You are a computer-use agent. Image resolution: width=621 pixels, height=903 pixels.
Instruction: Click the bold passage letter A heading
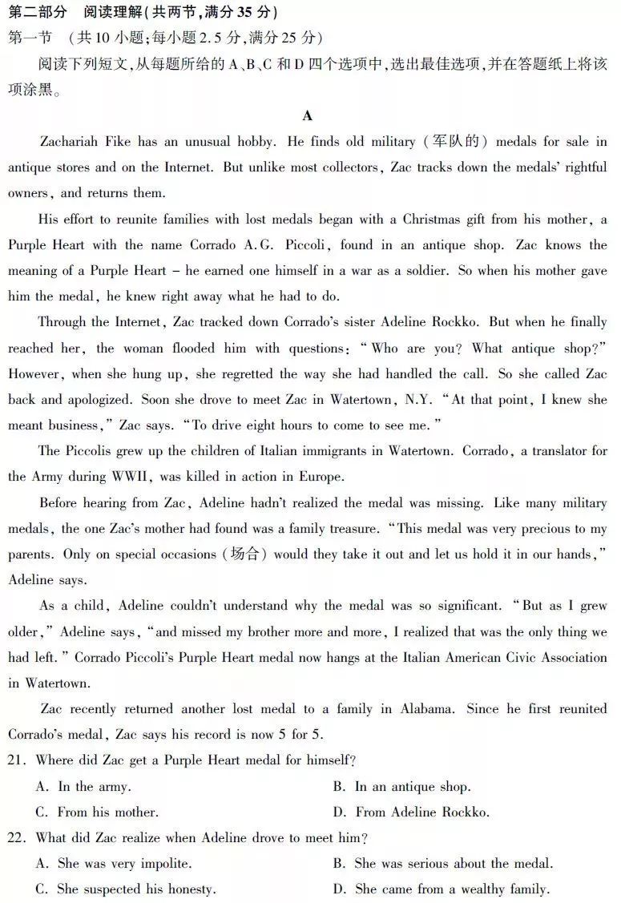pos(308,115)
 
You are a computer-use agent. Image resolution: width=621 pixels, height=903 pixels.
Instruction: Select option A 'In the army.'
pos(83,787)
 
